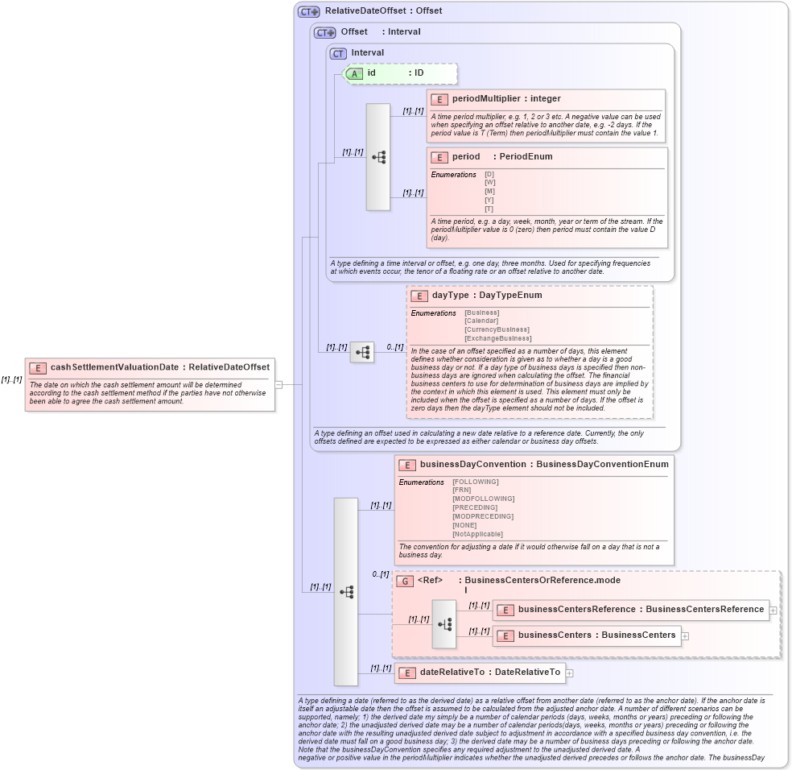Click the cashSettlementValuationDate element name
113,367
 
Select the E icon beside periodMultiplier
439,99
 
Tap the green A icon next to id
354,73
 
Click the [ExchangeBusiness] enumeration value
497,338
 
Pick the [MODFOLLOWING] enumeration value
483,499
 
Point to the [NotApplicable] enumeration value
477,534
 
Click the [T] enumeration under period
489,209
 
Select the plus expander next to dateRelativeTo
570,673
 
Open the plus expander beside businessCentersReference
773,610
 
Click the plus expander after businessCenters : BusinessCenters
685,635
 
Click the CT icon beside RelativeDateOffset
308,12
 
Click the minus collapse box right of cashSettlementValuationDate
278,385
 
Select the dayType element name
450,296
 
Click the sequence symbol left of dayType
362,352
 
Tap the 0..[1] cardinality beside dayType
394,347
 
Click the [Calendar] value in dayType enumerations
481,321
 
